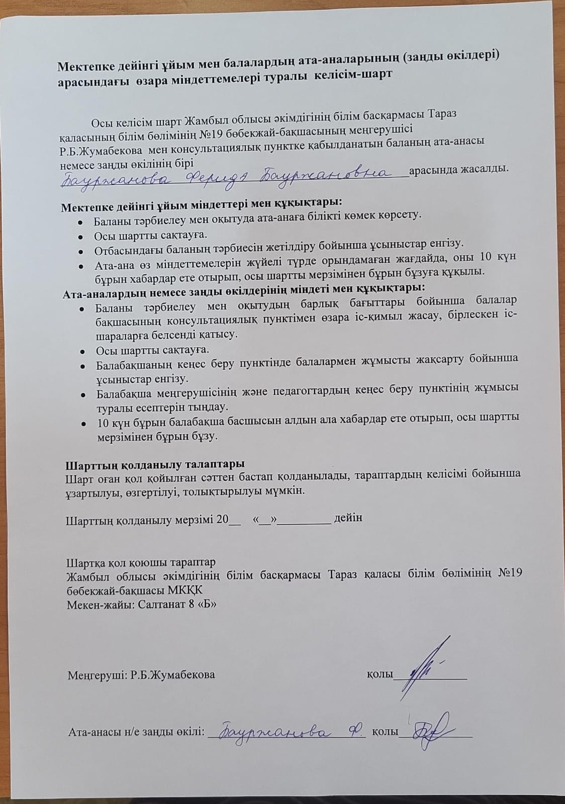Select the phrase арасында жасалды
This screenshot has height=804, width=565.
click(459, 169)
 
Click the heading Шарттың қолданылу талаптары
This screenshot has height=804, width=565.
click(155, 463)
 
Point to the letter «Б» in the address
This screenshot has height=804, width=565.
click(207, 604)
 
